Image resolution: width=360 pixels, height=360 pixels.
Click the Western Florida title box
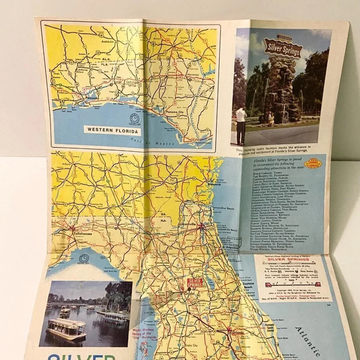pyautogui.click(x=111, y=130)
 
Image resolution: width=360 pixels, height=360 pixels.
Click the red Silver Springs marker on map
pyautogui.click(x=194, y=283)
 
